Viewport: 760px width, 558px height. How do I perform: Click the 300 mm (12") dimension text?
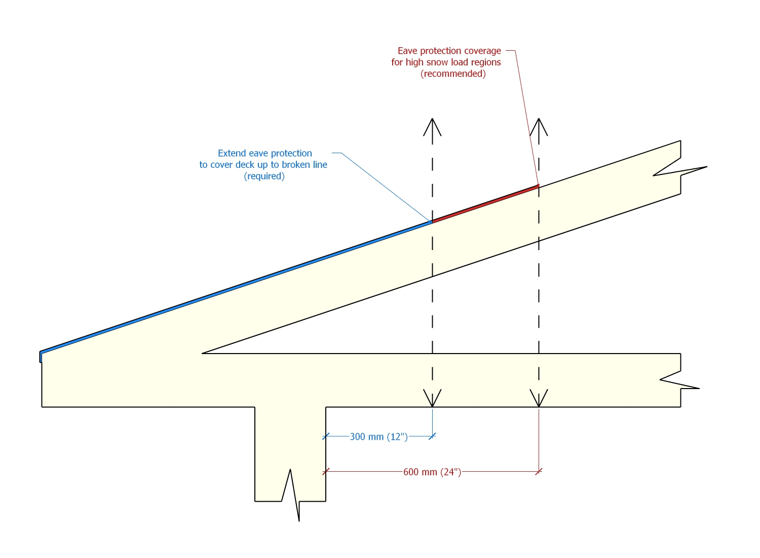pos(378,437)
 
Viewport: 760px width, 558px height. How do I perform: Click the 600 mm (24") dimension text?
pos(432,472)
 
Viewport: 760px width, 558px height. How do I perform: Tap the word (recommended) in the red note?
pos(453,74)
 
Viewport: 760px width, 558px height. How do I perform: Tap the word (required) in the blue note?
pos(264,177)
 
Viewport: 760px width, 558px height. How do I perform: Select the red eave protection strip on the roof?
pos(485,204)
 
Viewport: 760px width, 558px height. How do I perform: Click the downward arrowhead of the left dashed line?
pos(432,399)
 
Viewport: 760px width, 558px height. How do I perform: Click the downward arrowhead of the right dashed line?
pos(539,399)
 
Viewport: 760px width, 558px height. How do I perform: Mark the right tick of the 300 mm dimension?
pos(432,436)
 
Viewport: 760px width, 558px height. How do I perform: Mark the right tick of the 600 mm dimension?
pos(539,472)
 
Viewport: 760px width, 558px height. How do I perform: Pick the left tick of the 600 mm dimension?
pos(326,472)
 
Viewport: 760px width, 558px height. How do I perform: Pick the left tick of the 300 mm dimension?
pos(326,436)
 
